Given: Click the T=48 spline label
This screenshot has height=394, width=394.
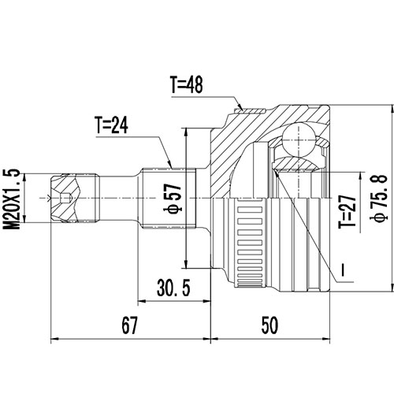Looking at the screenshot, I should point(187,84).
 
